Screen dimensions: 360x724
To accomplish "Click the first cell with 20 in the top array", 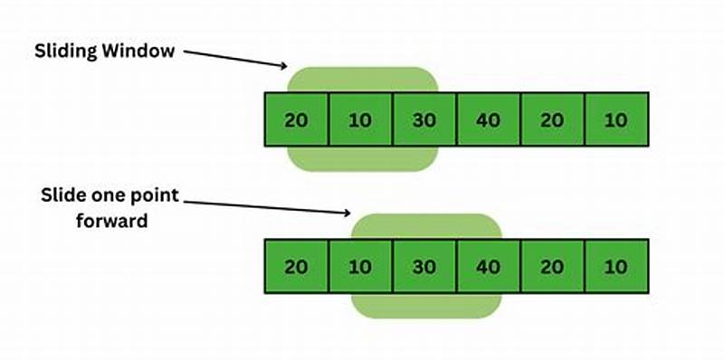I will (x=296, y=119).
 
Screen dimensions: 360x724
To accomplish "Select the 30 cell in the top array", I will (x=424, y=119).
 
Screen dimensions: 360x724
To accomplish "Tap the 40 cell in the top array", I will (x=488, y=119).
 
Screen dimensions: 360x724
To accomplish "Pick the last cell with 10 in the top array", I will (x=616, y=119).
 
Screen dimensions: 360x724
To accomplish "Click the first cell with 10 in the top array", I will (x=360, y=119).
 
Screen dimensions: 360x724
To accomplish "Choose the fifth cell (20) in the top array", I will (x=552, y=119).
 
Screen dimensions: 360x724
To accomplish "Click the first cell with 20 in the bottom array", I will (x=296, y=267).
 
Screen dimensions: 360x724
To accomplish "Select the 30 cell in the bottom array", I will (x=424, y=267).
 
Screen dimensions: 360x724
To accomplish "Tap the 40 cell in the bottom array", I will (x=488, y=267).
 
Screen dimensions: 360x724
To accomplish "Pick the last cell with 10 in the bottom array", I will (x=616, y=267).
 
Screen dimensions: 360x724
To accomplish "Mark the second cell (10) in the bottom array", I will (x=360, y=267).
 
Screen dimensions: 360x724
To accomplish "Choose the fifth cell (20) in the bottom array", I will (x=552, y=267).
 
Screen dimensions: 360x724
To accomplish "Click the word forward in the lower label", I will (x=112, y=220).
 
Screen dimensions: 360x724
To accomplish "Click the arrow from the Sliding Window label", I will (x=235, y=57).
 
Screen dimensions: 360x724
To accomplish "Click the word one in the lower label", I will (x=107, y=196).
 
